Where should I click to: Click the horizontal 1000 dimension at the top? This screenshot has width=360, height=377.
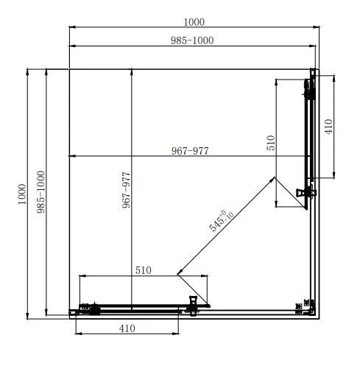click(x=194, y=22)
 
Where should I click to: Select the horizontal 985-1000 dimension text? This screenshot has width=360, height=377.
click(x=192, y=40)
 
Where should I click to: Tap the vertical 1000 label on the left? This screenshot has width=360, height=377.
click(x=22, y=194)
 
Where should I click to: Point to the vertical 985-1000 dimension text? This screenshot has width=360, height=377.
click(x=40, y=191)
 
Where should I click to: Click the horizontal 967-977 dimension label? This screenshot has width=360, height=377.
click(x=190, y=151)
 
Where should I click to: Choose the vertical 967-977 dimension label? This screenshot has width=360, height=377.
click(x=126, y=190)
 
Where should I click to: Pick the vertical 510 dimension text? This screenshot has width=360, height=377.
click(x=271, y=143)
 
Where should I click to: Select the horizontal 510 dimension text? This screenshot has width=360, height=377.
click(x=144, y=270)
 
